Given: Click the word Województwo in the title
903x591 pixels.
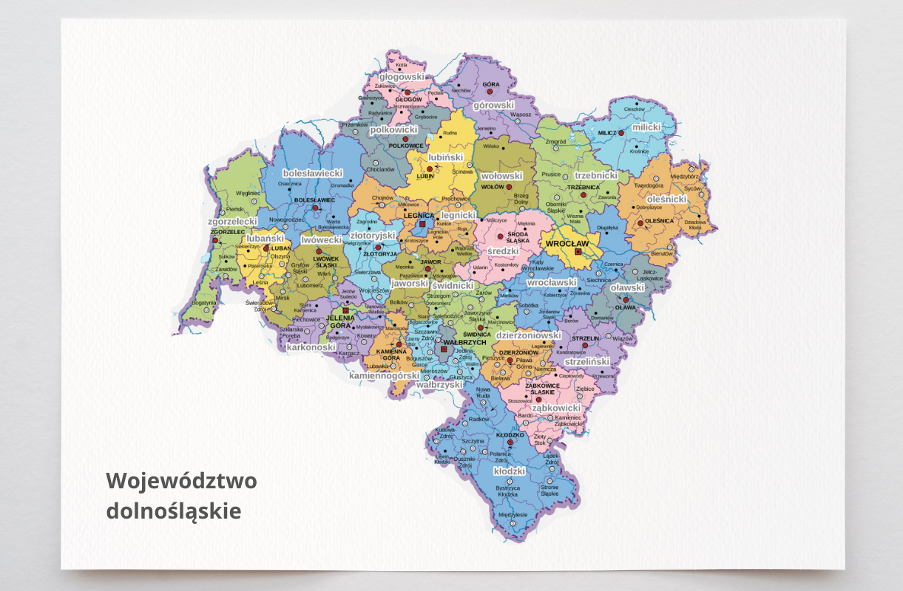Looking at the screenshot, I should coord(181,481).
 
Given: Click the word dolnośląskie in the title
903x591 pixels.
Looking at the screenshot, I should coord(174,510).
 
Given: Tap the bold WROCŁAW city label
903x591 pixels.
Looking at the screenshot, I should coord(567,242).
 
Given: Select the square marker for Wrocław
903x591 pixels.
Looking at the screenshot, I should coord(578,252).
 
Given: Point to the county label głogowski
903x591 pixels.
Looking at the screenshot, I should coord(402,76).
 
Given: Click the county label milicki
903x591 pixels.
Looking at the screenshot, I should coord(646,127).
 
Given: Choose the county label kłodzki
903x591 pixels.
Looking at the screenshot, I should coord(509,471).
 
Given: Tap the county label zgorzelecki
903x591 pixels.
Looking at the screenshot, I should coord(232,221).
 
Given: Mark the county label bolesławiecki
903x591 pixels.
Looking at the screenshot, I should coord(313,172).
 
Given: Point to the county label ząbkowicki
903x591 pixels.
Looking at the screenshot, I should coord(556,408).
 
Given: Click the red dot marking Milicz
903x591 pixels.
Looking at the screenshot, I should coord(621,133).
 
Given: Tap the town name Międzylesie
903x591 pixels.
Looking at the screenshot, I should coord(513,515).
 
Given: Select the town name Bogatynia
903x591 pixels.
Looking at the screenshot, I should coord(203,302).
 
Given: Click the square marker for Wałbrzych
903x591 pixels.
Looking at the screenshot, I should coord(444,349).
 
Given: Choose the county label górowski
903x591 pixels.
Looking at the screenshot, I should coord(493,105).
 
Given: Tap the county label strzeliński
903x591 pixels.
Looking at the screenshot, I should coord(586,362).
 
